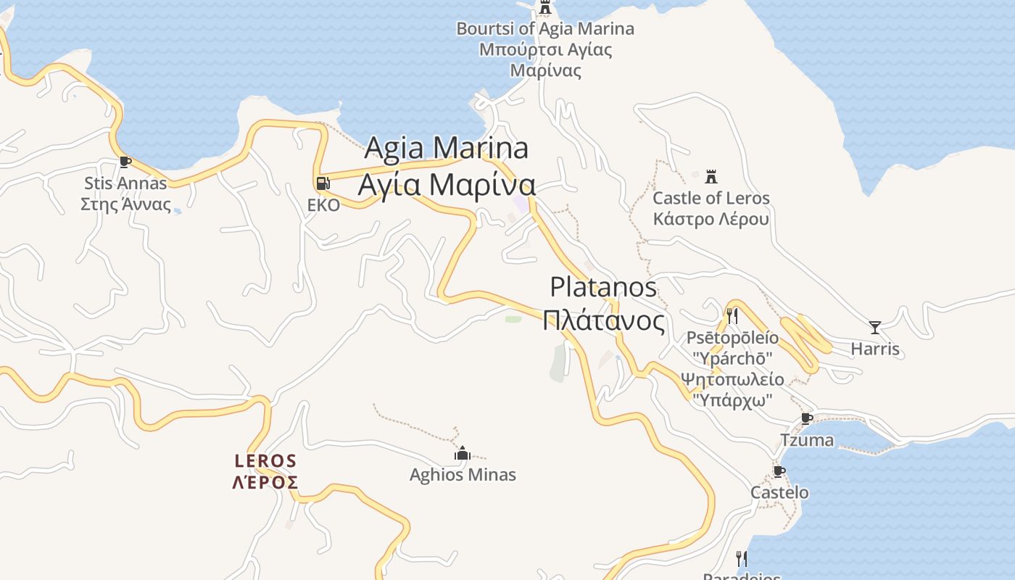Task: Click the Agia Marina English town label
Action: (x=446, y=148)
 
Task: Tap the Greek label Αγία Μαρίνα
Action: (x=447, y=184)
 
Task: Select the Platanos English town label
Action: (x=603, y=287)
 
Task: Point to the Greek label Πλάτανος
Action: (x=603, y=320)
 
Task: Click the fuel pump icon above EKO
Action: (x=323, y=184)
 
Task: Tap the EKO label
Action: (x=323, y=205)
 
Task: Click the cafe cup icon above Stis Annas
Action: (x=125, y=162)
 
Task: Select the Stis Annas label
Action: (x=125, y=183)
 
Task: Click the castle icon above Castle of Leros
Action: (x=711, y=176)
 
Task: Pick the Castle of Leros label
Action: (x=711, y=198)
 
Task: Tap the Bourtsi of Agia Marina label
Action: (x=545, y=29)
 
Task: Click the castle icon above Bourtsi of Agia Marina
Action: (x=545, y=8)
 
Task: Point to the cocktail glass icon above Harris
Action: (x=875, y=328)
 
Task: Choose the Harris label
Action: (x=875, y=349)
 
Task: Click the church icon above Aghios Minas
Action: (x=463, y=454)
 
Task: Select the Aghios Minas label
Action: (x=463, y=475)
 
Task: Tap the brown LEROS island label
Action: (x=265, y=461)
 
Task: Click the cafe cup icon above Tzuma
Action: (x=807, y=418)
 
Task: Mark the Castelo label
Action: (x=779, y=493)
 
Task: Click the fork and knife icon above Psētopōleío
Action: (x=732, y=316)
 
